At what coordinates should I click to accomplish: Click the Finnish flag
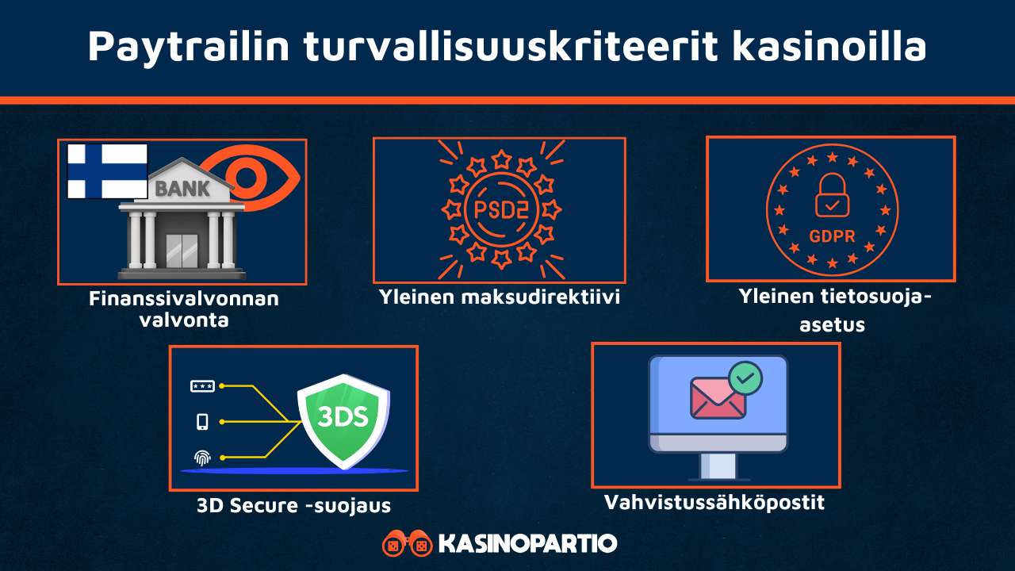tap(107, 171)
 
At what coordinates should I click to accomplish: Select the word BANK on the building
tap(182, 189)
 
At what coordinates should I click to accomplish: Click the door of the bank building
tap(182, 251)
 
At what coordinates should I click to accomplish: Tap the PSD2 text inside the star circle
tap(500, 210)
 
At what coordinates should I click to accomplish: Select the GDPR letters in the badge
tap(831, 236)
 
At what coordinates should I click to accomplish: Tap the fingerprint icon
tap(202, 458)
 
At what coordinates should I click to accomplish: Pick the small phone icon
tap(202, 422)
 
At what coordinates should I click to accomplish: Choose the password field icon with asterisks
tap(202, 386)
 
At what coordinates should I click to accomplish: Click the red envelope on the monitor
tap(718, 397)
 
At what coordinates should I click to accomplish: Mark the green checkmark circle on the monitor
tap(745, 378)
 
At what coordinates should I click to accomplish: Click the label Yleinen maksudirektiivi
tap(499, 298)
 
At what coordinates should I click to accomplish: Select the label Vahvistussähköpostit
tap(714, 503)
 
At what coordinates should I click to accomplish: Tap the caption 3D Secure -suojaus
tap(293, 505)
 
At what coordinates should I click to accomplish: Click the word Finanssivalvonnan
tap(184, 300)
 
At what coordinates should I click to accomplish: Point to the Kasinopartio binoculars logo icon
tap(407, 544)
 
